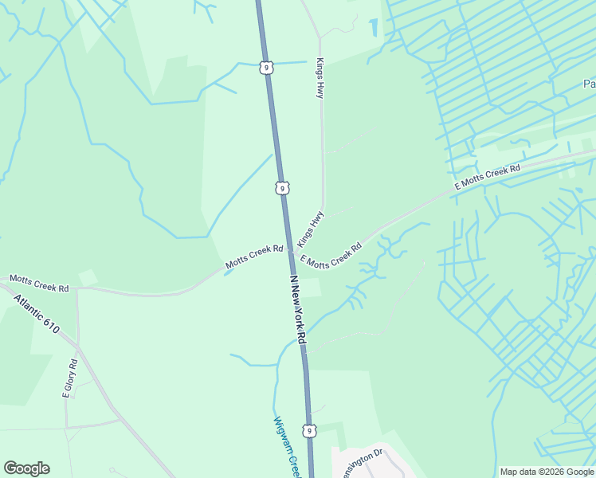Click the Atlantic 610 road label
37,314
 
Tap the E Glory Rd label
70,378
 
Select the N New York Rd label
298,311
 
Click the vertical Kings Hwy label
320,78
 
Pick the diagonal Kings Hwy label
311,229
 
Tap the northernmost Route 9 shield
266,68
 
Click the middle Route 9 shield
283,188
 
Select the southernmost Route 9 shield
312,430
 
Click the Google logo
26,468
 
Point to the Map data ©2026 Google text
547,472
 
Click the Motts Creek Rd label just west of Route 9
254,256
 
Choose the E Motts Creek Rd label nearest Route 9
331,256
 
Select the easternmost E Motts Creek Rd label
487,177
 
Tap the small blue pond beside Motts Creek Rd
229,272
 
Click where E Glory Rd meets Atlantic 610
78,347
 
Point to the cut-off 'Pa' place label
589,84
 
